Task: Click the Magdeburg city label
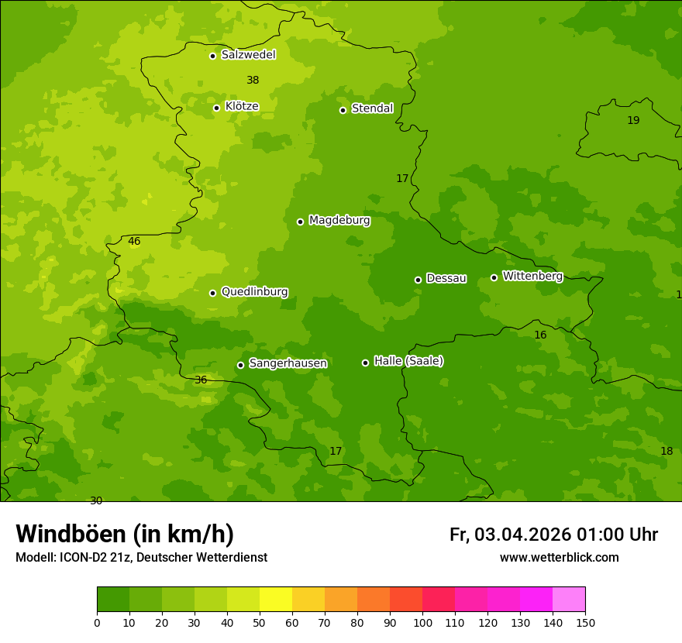click(x=339, y=221)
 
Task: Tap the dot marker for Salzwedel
click(x=212, y=56)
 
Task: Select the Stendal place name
click(x=372, y=108)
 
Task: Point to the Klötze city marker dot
click(x=216, y=108)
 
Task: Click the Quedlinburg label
click(x=254, y=292)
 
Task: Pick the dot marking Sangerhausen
click(x=240, y=365)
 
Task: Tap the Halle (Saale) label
click(x=408, y=361)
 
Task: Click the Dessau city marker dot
click(x=418, y=280)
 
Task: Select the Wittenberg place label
click(x=532, y=277)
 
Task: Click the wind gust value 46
click(x=134, y=242)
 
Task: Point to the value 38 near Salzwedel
click(x=253, y=81)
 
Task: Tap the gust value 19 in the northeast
click(x=633, y=121)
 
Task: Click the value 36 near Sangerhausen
click(x=201, y=380)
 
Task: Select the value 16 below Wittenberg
click(x=540, y=335)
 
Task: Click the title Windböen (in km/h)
click(x=125, y=534)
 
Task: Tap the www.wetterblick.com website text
click(x=559, y=558)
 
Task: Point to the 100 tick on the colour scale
click(x=422, y=622)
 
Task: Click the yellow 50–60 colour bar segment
click(x=276, y=600)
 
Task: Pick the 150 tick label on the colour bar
click(x=585, y=622)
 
